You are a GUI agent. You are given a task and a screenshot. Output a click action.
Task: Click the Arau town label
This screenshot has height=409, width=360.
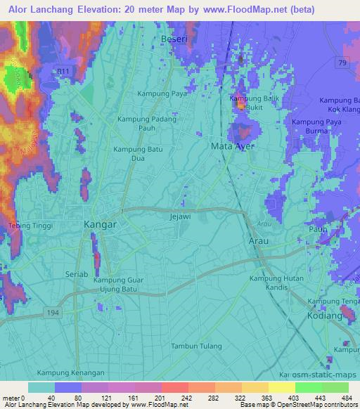[259, 240]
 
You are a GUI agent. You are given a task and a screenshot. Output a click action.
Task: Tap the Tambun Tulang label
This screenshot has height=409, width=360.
[196, 346]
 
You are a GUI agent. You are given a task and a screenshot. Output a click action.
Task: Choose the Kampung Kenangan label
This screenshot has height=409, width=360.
[71, 372]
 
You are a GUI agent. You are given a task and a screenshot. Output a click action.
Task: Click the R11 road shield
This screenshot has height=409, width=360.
[65, 71]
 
